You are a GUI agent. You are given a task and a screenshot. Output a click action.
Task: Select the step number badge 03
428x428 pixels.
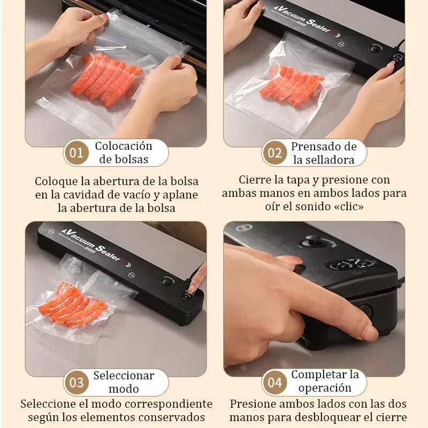pos(77,383)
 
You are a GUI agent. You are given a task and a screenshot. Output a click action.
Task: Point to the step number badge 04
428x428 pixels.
pos(274,383)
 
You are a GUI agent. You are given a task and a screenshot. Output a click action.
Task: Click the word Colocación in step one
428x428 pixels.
pos(124,146)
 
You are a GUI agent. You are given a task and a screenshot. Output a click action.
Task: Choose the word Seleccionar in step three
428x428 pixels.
pos(124,376)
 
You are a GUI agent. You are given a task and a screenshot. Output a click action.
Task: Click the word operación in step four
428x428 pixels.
pos(325,388)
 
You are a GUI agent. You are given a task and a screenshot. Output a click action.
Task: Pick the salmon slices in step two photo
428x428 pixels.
pos(292,86)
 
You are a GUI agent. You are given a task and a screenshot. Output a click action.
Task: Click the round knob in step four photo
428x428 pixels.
pos(310,242)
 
